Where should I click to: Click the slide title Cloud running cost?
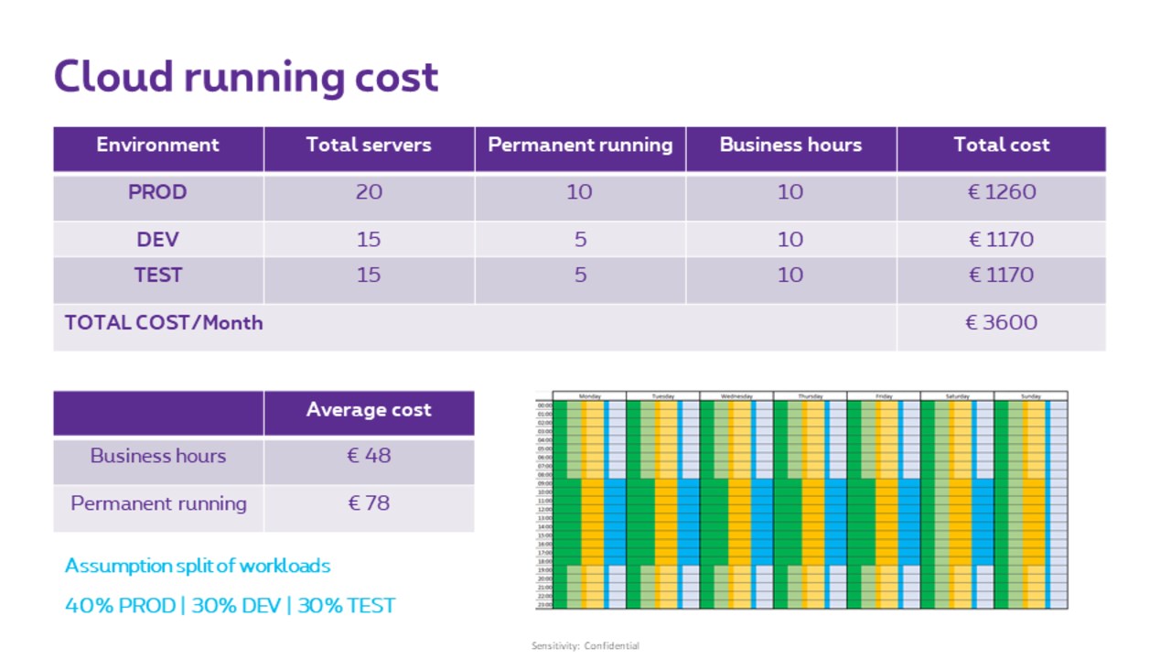246,77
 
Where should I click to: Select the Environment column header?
157,145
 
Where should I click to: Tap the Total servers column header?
369,145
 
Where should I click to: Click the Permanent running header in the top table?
580,145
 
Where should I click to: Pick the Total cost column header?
1002,145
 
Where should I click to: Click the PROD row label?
157,192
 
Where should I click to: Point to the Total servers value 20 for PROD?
369,192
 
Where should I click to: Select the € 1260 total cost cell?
1002,192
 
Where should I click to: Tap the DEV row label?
157,240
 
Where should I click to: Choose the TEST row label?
157,275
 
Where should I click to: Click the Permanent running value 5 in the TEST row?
580,275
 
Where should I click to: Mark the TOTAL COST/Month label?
164,322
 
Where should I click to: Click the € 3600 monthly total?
1002,322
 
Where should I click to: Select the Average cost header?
369,410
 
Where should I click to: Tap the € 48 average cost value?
369,456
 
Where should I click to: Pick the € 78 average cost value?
369,503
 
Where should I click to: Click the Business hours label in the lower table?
157,456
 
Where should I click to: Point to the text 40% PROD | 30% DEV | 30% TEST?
230,606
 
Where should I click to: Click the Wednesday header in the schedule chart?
736,396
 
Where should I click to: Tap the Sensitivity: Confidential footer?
585,646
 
